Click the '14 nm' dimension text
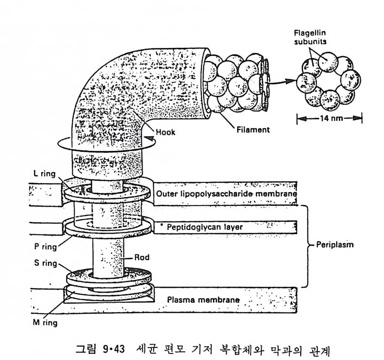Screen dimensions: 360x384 coord(329,119)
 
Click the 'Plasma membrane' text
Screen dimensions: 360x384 coord(204,301)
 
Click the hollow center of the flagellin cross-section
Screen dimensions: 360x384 coord(329,80)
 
